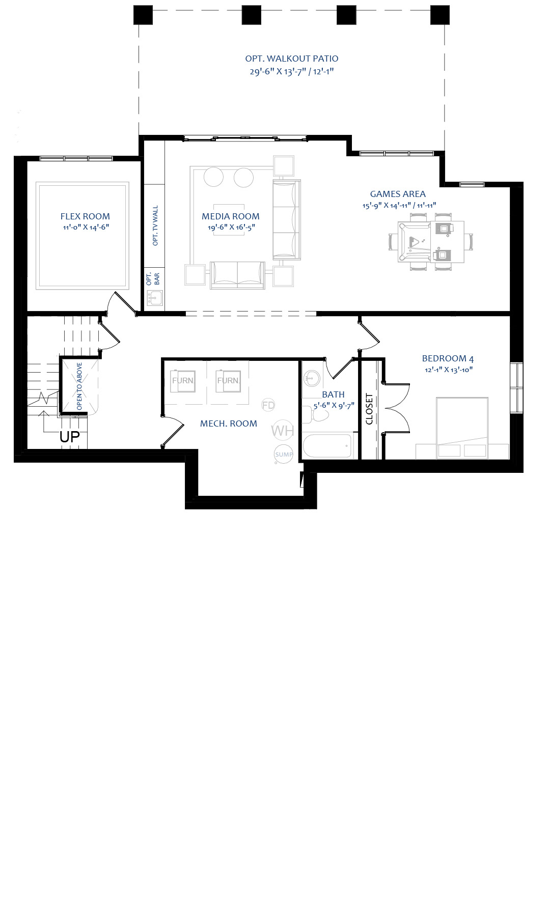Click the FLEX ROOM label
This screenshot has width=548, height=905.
coord(85,216)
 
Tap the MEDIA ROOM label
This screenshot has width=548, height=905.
coord(231,216)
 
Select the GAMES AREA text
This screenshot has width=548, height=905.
coord(398,194)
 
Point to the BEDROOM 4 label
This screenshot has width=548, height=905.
coord(448,358)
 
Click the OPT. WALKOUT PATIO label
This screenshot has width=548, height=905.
coord(292,59)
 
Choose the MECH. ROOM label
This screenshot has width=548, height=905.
coord(229,423)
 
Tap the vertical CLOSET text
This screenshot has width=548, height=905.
coord(369,409)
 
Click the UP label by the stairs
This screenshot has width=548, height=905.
coord(70,437)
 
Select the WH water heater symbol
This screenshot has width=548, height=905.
coord(283,431)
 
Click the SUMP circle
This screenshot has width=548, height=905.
coord(284,455)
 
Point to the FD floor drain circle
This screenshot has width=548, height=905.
coord(268,405)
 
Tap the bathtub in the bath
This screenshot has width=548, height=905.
coord(327,446)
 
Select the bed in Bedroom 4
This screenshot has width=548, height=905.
coord(462,428)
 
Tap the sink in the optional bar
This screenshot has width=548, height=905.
coord(154,298)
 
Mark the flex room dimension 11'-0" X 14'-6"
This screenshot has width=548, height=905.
coord(86,228)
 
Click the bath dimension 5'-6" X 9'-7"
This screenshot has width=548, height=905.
coord(334,406)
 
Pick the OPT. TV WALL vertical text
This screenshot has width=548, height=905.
coord(155,225)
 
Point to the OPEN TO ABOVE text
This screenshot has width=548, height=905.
coord(79,386)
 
